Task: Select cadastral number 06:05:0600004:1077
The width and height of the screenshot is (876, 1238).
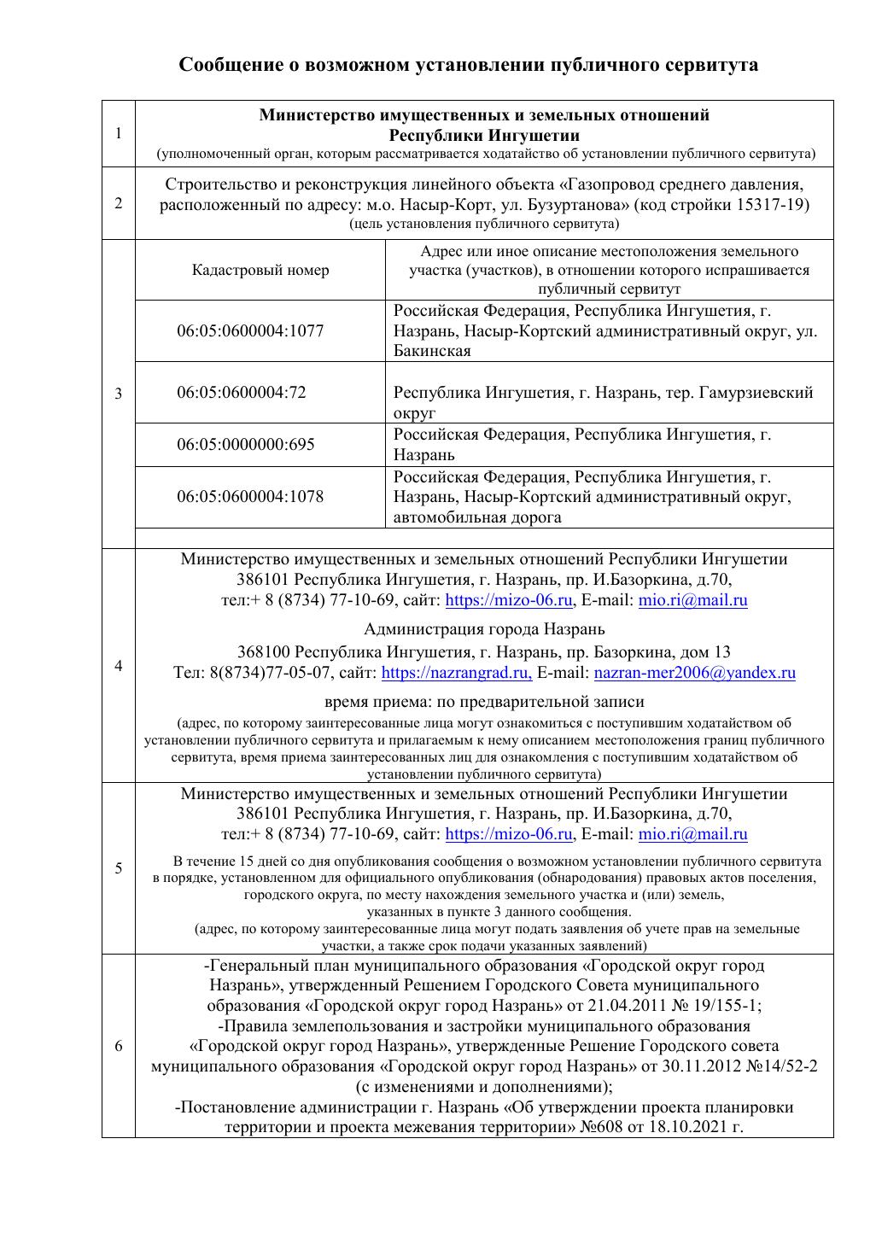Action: pos(250,330)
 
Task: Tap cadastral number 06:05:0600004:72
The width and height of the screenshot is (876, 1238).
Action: pos(241,393)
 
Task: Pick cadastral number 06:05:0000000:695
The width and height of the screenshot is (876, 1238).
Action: pos(246,444)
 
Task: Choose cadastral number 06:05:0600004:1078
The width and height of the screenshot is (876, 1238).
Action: pos(250,497)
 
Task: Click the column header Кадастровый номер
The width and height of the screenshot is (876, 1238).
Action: pos(260,270)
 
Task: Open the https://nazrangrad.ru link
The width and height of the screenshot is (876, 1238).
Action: pos(456,673)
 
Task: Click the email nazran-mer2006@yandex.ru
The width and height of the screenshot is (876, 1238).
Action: pos(694,673)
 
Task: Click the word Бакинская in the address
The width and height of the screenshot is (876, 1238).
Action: pos(432,351)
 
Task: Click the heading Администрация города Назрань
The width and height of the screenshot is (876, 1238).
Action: pos(484,629)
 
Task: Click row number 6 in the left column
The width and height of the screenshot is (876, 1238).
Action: pos(118,1047)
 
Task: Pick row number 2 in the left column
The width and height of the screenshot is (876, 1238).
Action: pos(118,203)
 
